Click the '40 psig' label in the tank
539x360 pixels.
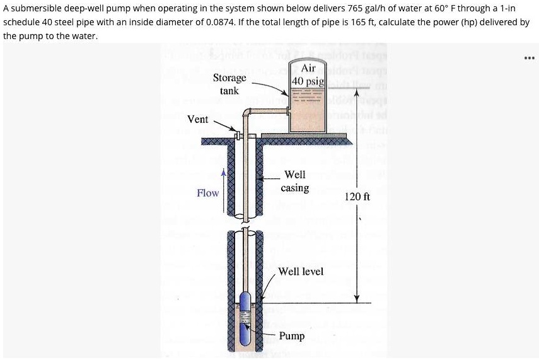(x=308, y=81)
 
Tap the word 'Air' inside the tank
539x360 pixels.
(x=308, y=68)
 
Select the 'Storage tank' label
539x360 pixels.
(x=229, y=84)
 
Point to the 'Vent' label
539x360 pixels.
(x=198, y=119)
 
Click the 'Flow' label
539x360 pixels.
(x=207, y=192)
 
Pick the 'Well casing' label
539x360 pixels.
(x=295, y=181)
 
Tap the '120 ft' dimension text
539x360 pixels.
(x=357, y=197)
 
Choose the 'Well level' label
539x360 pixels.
(x=301, y=271)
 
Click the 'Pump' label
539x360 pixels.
(x=292, y=335)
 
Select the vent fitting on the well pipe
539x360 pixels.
(x=238, y=134)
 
